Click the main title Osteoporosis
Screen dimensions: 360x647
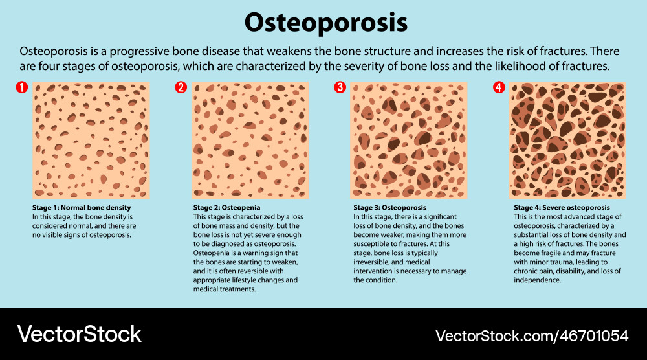point(325,23)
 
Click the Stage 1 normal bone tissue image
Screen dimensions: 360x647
point(91,140)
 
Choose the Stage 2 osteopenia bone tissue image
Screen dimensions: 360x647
point(250,140)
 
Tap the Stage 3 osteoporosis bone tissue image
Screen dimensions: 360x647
point(409,140)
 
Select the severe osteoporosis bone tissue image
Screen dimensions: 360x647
point(567,140)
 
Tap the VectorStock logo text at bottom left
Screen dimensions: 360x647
point(79,334)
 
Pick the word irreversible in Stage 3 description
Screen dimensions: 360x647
point(373,262)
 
